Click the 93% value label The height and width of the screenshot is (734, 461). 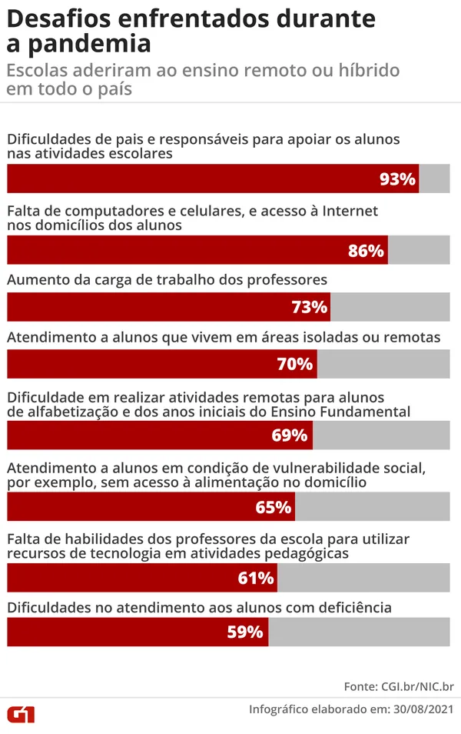point(397,179)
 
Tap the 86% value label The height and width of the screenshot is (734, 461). point(366,251)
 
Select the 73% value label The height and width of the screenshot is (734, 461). point(310,308)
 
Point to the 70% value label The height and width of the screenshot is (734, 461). point(295,364)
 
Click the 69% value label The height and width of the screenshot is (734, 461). point(290,435)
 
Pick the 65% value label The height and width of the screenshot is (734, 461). point(274,507)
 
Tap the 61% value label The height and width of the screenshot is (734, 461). point(256,578)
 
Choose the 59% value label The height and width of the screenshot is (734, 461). point(247,632)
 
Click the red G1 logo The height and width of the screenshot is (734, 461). point(21,713)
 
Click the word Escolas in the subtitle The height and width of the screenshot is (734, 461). point(34,70)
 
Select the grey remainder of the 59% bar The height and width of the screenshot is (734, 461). point(359,632)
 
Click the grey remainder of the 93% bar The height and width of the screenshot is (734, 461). point(434,179)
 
